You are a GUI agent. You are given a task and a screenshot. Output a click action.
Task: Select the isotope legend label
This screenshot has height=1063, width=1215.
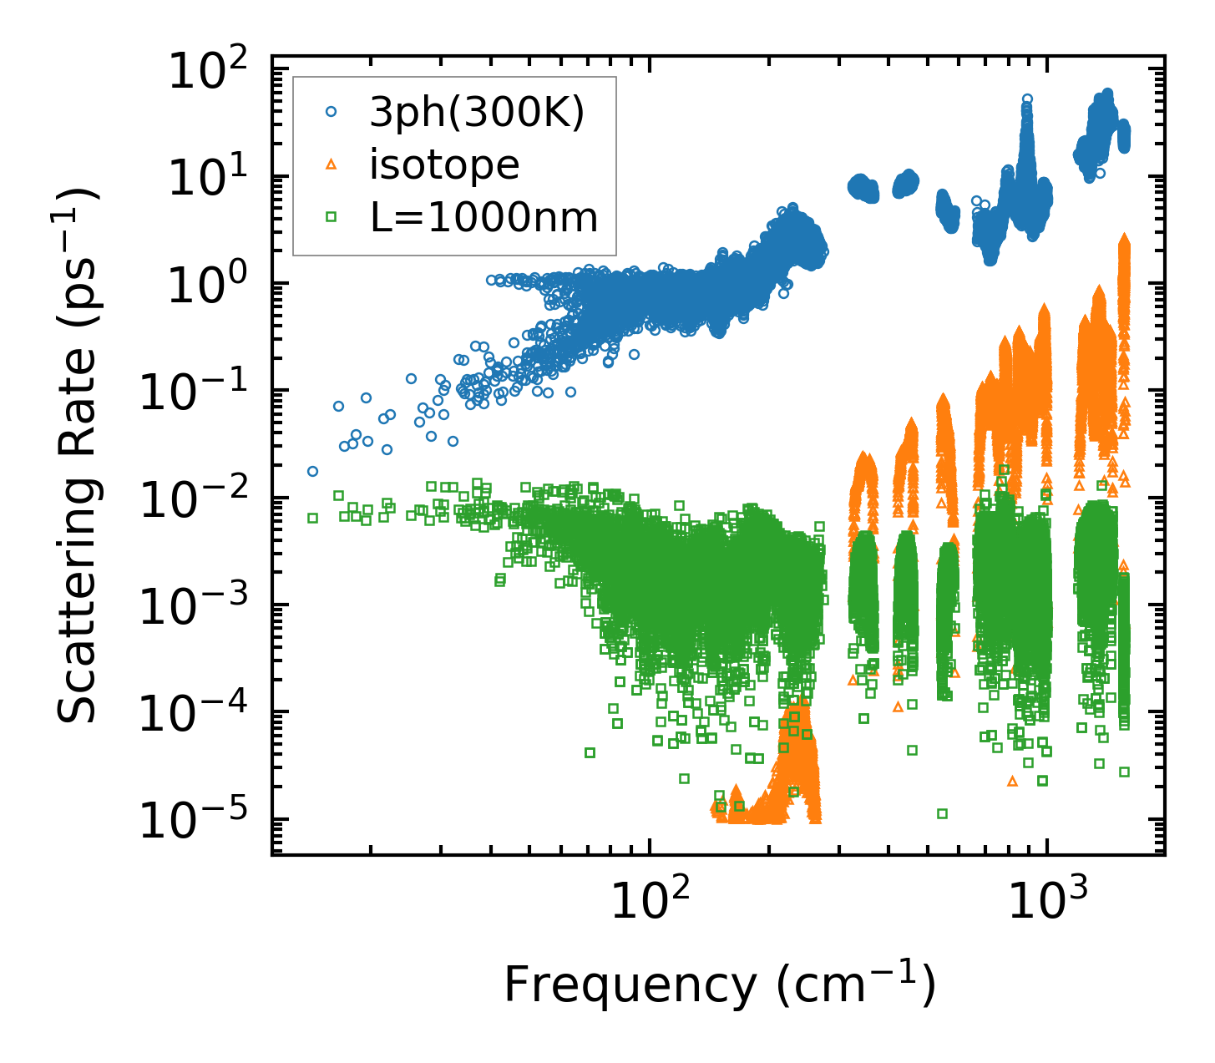point(444,165)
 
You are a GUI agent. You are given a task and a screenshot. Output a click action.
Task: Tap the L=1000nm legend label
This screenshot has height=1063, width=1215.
point(484,217)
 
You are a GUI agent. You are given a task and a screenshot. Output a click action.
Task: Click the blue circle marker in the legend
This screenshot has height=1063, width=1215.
point(332,114)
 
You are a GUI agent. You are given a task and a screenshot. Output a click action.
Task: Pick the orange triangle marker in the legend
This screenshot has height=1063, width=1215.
point(332,165)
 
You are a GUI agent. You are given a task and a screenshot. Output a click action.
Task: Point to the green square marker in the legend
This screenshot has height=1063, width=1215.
point(332,217)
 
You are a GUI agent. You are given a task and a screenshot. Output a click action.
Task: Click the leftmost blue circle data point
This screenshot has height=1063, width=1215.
point(312,471)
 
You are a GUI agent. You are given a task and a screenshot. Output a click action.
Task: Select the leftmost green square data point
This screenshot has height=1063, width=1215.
point(312,518)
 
